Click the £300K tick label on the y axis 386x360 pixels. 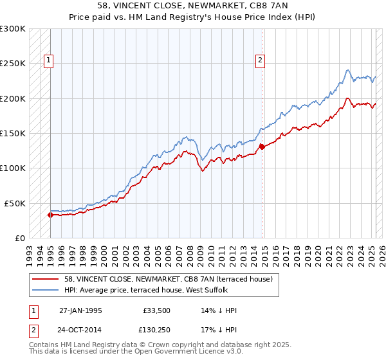pyautogui.click(x=13, y=29)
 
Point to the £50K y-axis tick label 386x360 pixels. pyautogui.click(x=15, y=203)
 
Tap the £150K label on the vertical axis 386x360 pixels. pyautogui.click(x=13, y=133)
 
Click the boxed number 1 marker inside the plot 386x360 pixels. pyautogui.click(x=48, y=61)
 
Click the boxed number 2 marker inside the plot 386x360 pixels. pyautogui.click(x=261, y=61)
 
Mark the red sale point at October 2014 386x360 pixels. pyautogui.click(x=262, y=147)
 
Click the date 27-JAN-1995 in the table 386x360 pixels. pyautogui.click(x=80, y=310)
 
